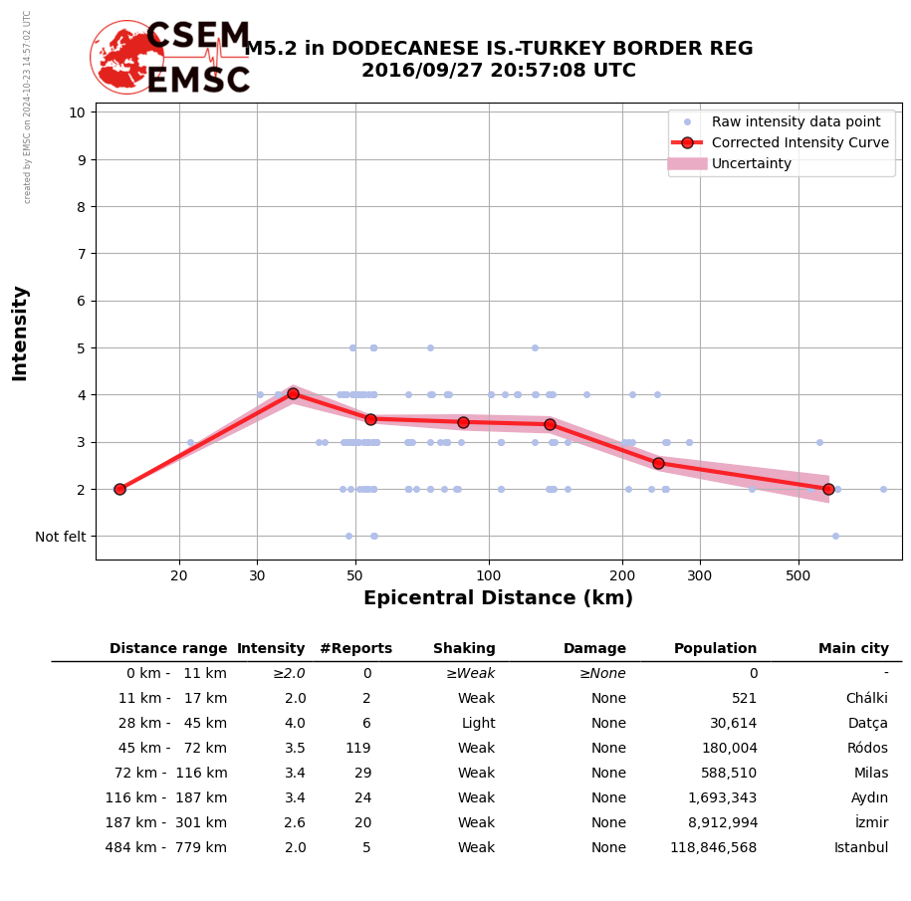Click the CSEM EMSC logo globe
tap(126, 57)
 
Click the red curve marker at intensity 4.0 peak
tap(293, 393)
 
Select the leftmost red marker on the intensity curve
tap(119, 489)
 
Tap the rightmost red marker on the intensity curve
tap(828, 489)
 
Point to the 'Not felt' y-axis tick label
tap(61, 537)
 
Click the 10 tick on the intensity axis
tap(77, 113)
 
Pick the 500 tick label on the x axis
tap(798, 575)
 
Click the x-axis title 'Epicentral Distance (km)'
tap(498, 598)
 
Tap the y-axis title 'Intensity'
tap(20, 333)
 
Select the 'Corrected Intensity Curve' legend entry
tap(799, 142)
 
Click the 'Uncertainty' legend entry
tap(751, 163)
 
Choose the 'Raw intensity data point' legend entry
tap(796, 121)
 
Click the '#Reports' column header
tap(355, 649)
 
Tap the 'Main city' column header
tap(853, 649)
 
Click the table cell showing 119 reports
tap(358, 749)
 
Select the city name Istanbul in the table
tap(861, 848)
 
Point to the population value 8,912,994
tap(716, 823)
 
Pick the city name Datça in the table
tap(867, 724)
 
